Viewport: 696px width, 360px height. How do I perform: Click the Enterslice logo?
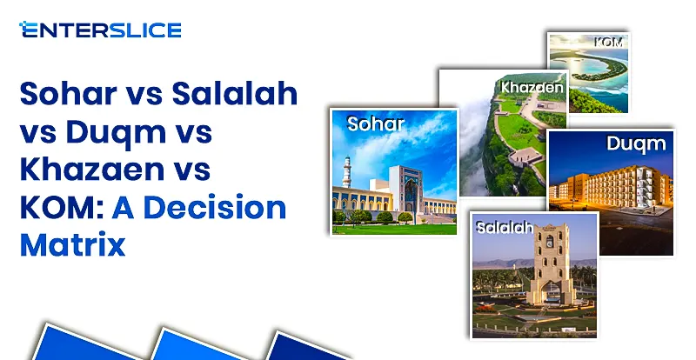(x=100, y=30)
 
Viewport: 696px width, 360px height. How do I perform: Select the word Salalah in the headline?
(x=230, y=95)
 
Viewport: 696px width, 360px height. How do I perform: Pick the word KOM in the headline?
(x=54, y=209)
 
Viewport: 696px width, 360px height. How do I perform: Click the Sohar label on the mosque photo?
(x=376, y=124)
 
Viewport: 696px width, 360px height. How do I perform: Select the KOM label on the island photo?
(x=606, y=42)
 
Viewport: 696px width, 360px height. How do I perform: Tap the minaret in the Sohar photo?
(x=347, y=183)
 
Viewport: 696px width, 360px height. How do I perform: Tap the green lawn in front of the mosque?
(x=391, y=229)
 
